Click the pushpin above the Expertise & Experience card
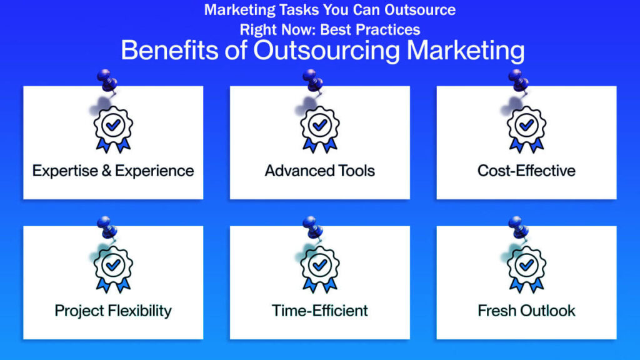pos(108,82)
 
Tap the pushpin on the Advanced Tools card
pos(314,82)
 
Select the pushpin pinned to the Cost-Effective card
pos(519,82)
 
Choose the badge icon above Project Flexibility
pos(113,268)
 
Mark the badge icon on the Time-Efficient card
pos(320,268)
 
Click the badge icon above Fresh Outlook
pos(526,268)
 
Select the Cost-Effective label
pos(526,171)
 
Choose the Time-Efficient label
pos(320,311)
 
